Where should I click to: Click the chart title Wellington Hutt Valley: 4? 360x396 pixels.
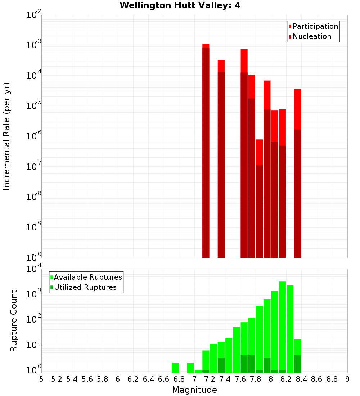180,5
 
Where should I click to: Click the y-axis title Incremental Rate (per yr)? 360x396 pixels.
7,136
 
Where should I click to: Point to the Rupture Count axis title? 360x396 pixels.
14,321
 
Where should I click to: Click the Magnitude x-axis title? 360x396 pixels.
194,390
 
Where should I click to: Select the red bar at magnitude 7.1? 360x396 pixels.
206,151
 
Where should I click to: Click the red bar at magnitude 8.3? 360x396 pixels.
298,173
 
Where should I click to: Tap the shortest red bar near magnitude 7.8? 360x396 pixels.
259,198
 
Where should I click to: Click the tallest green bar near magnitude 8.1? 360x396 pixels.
282,324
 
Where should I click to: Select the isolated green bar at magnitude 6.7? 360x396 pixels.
175,367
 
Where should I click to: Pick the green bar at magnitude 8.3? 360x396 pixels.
298,355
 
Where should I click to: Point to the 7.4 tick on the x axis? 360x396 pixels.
225,379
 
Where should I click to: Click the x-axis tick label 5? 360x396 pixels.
41,379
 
